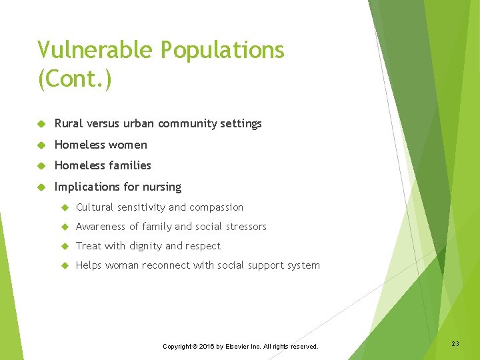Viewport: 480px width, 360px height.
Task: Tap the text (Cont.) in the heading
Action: pos(75,79)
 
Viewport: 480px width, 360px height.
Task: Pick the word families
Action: pos(129,165)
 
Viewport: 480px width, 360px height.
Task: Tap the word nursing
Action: pos(161,187)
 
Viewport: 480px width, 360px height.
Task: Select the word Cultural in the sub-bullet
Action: pos(95,207)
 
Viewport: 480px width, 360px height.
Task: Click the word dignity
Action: pos(145,246)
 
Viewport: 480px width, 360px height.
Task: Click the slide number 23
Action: pos(455,343)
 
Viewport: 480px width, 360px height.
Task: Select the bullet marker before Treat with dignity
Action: pos(65,246)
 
